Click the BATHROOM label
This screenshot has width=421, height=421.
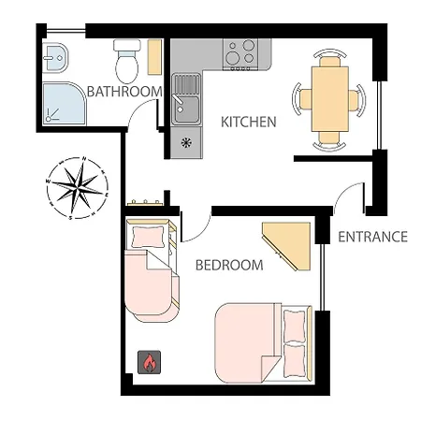(124, 92)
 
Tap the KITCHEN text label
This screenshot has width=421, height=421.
(248, 122)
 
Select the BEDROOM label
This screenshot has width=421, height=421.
(229, 265)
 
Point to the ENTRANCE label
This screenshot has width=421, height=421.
(372, 237)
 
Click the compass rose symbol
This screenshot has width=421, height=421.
(76, 189)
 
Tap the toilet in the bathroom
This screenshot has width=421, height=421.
(125, 60)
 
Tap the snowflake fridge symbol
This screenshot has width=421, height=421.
(186, 143)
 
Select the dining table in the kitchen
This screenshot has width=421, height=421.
(329, 97)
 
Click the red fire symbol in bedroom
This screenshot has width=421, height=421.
(148, 362)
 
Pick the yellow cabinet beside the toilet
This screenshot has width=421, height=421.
(154, 57)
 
